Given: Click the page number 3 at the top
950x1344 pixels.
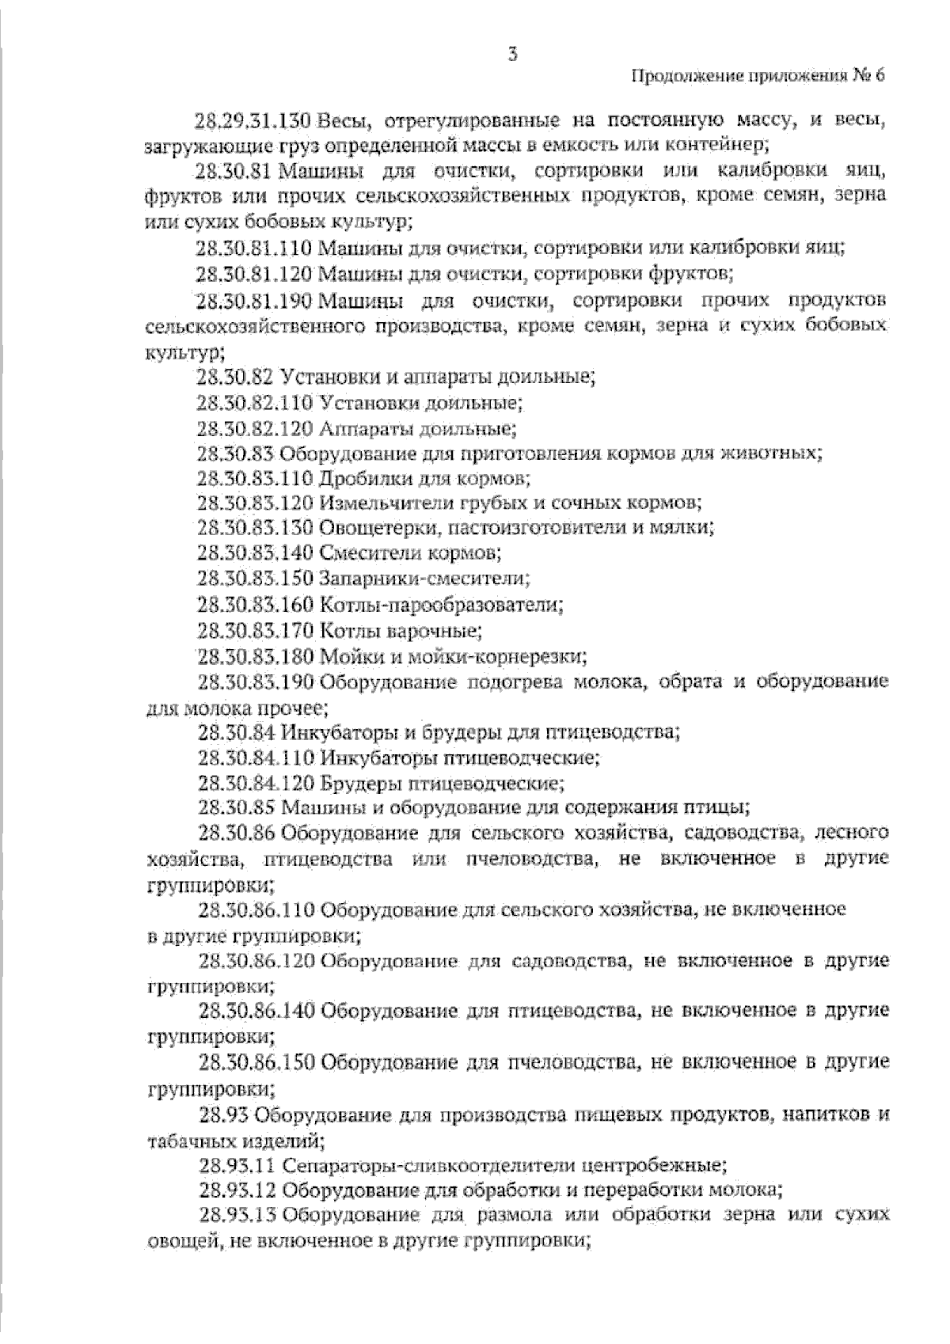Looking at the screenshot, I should coord(513,54).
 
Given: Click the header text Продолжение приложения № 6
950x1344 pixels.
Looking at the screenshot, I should coord(757,77).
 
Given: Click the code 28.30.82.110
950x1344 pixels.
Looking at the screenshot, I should coord(256,403).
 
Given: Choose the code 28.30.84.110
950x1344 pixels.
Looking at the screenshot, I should coord(256,758).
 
